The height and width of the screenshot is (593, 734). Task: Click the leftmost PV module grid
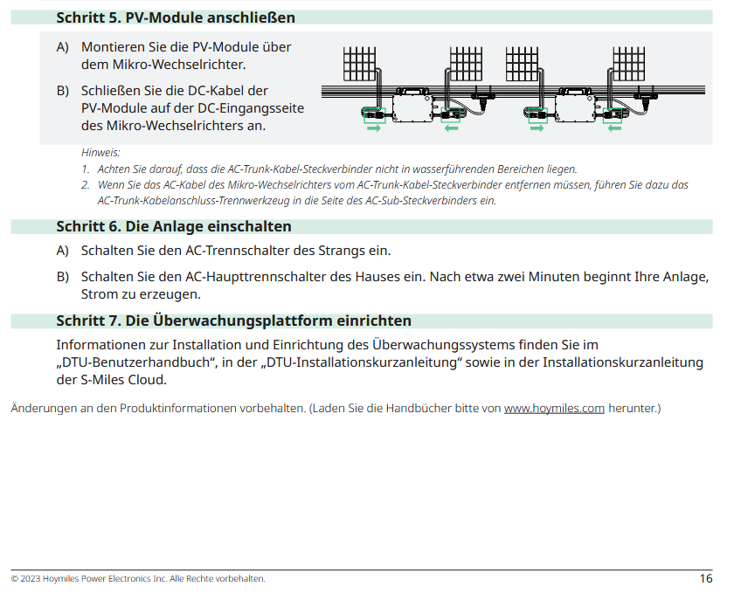359,64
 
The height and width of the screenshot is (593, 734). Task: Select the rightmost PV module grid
628,64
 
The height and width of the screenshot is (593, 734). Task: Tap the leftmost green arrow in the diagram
374,128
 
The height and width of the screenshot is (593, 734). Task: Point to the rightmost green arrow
614,128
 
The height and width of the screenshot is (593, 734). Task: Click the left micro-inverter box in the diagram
412,108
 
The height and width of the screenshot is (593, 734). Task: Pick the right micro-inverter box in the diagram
575,108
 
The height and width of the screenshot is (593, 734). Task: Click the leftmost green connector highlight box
375,115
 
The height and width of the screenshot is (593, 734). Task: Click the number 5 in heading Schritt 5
114,17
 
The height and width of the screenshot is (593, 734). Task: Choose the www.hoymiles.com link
554,408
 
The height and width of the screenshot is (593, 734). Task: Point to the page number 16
706,578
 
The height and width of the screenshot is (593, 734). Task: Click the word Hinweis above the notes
100,153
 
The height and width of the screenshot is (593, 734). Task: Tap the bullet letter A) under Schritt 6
63,251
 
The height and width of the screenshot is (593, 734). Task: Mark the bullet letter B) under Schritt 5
63,91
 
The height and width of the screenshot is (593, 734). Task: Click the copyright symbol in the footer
15,579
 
